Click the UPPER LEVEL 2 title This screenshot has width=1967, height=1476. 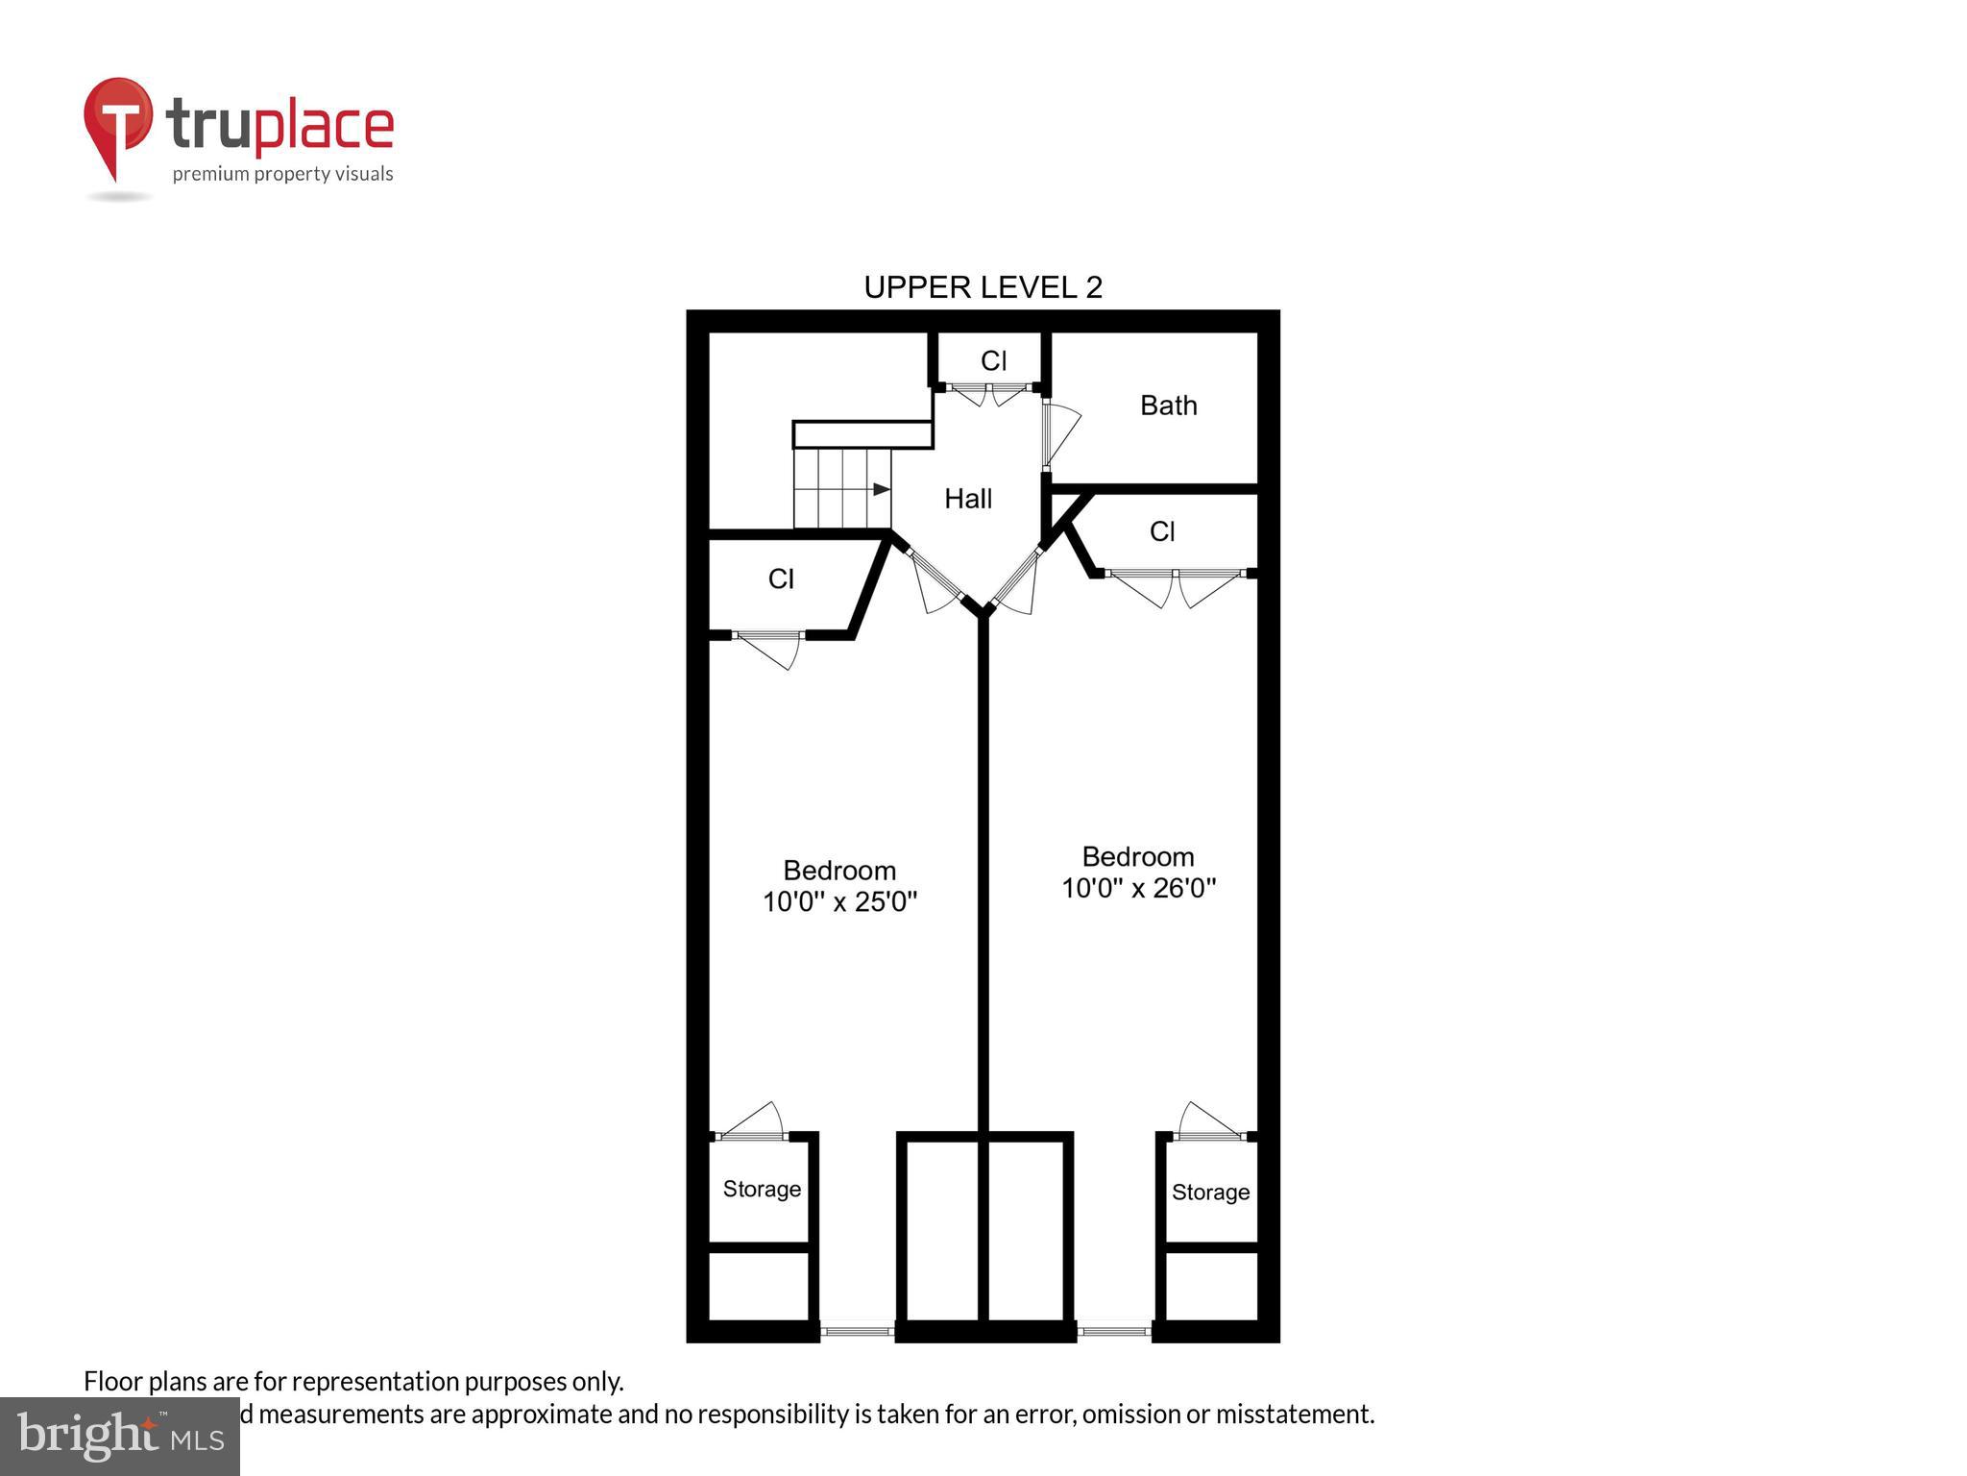[983, 286]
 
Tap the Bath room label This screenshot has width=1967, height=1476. [1168, 406]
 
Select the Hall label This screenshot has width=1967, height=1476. [967, 499]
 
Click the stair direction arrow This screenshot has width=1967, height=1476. [881, 489]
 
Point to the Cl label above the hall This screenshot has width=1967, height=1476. [993, 360]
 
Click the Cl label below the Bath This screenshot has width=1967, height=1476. [1162, 531]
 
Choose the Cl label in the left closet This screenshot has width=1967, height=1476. [781, 578]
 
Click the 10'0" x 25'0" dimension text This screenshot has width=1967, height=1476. [839, 901]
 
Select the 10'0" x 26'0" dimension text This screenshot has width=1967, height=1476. [1138, 888]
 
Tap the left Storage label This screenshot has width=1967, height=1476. [762, 1189]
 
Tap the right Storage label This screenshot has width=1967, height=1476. [1210, 1192]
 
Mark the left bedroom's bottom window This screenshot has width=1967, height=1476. [857, 1331]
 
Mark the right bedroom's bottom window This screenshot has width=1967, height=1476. [1113, 1331]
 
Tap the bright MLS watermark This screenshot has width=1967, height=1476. [119, 1436]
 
